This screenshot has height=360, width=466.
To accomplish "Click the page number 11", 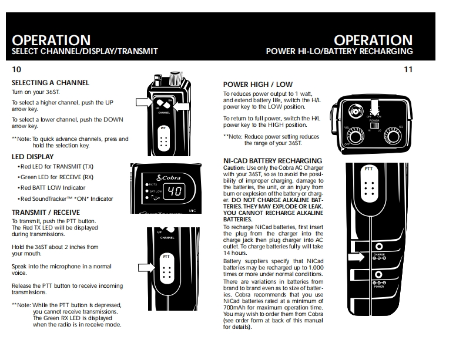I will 408,69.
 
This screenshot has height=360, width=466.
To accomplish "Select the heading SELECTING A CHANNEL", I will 51,83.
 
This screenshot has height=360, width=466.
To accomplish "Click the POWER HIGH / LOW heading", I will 257,85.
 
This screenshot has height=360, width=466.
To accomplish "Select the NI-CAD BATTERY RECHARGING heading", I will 272,160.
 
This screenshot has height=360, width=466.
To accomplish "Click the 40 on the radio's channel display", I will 174,191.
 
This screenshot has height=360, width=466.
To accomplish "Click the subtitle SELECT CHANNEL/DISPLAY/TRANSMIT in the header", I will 85,52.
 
